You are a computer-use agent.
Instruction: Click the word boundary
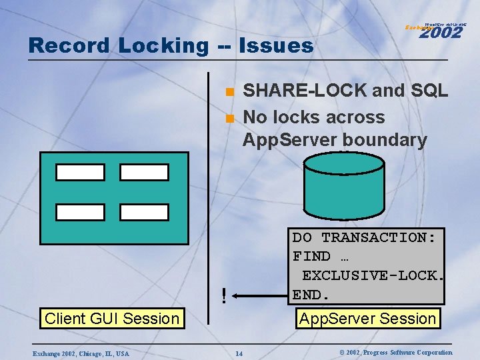tap(385, 140)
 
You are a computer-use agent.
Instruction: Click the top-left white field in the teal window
tap(80, 172)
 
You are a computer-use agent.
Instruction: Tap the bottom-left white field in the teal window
tap(80, 212)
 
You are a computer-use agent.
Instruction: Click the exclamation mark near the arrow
tap(224, 293)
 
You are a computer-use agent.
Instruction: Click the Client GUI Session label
tap(112, 319)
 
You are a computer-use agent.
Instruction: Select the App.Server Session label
tap(368, 319)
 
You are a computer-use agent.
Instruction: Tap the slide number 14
tap(239, 352)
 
